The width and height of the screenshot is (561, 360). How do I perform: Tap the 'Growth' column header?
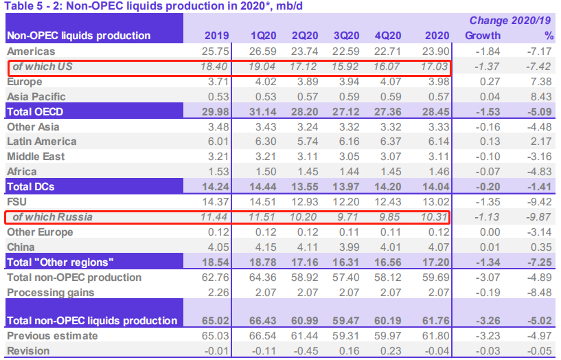click(482, 35)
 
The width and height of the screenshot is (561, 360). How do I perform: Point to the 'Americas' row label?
click(30, 51)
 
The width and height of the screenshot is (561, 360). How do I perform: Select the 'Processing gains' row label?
click(49, 292)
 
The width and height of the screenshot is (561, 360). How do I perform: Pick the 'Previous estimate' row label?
click(51, 336)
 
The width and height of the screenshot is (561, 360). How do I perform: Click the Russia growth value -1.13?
click(485, 217)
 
